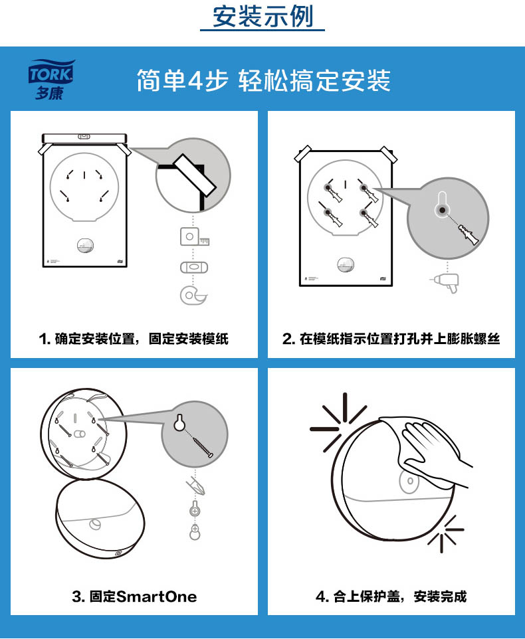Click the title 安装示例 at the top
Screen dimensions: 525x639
263,17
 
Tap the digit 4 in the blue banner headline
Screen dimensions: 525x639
195,80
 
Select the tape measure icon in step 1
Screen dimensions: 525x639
195,236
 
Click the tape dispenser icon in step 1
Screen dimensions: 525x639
193,296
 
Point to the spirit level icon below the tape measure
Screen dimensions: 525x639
194,267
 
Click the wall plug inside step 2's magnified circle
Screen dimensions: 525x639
469,234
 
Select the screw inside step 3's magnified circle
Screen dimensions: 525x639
202,447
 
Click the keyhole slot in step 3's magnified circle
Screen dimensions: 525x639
179,422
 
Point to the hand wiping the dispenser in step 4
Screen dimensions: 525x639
432,450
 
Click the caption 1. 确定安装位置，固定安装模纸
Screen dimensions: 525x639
134,338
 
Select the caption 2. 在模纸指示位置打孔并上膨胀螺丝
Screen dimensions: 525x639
391,338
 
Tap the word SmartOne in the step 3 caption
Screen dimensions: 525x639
157,596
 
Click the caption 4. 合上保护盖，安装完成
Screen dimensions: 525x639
391,596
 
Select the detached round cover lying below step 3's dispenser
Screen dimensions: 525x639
100,518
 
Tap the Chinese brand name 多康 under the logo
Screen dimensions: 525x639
49,93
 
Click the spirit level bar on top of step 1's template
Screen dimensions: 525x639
84,137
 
